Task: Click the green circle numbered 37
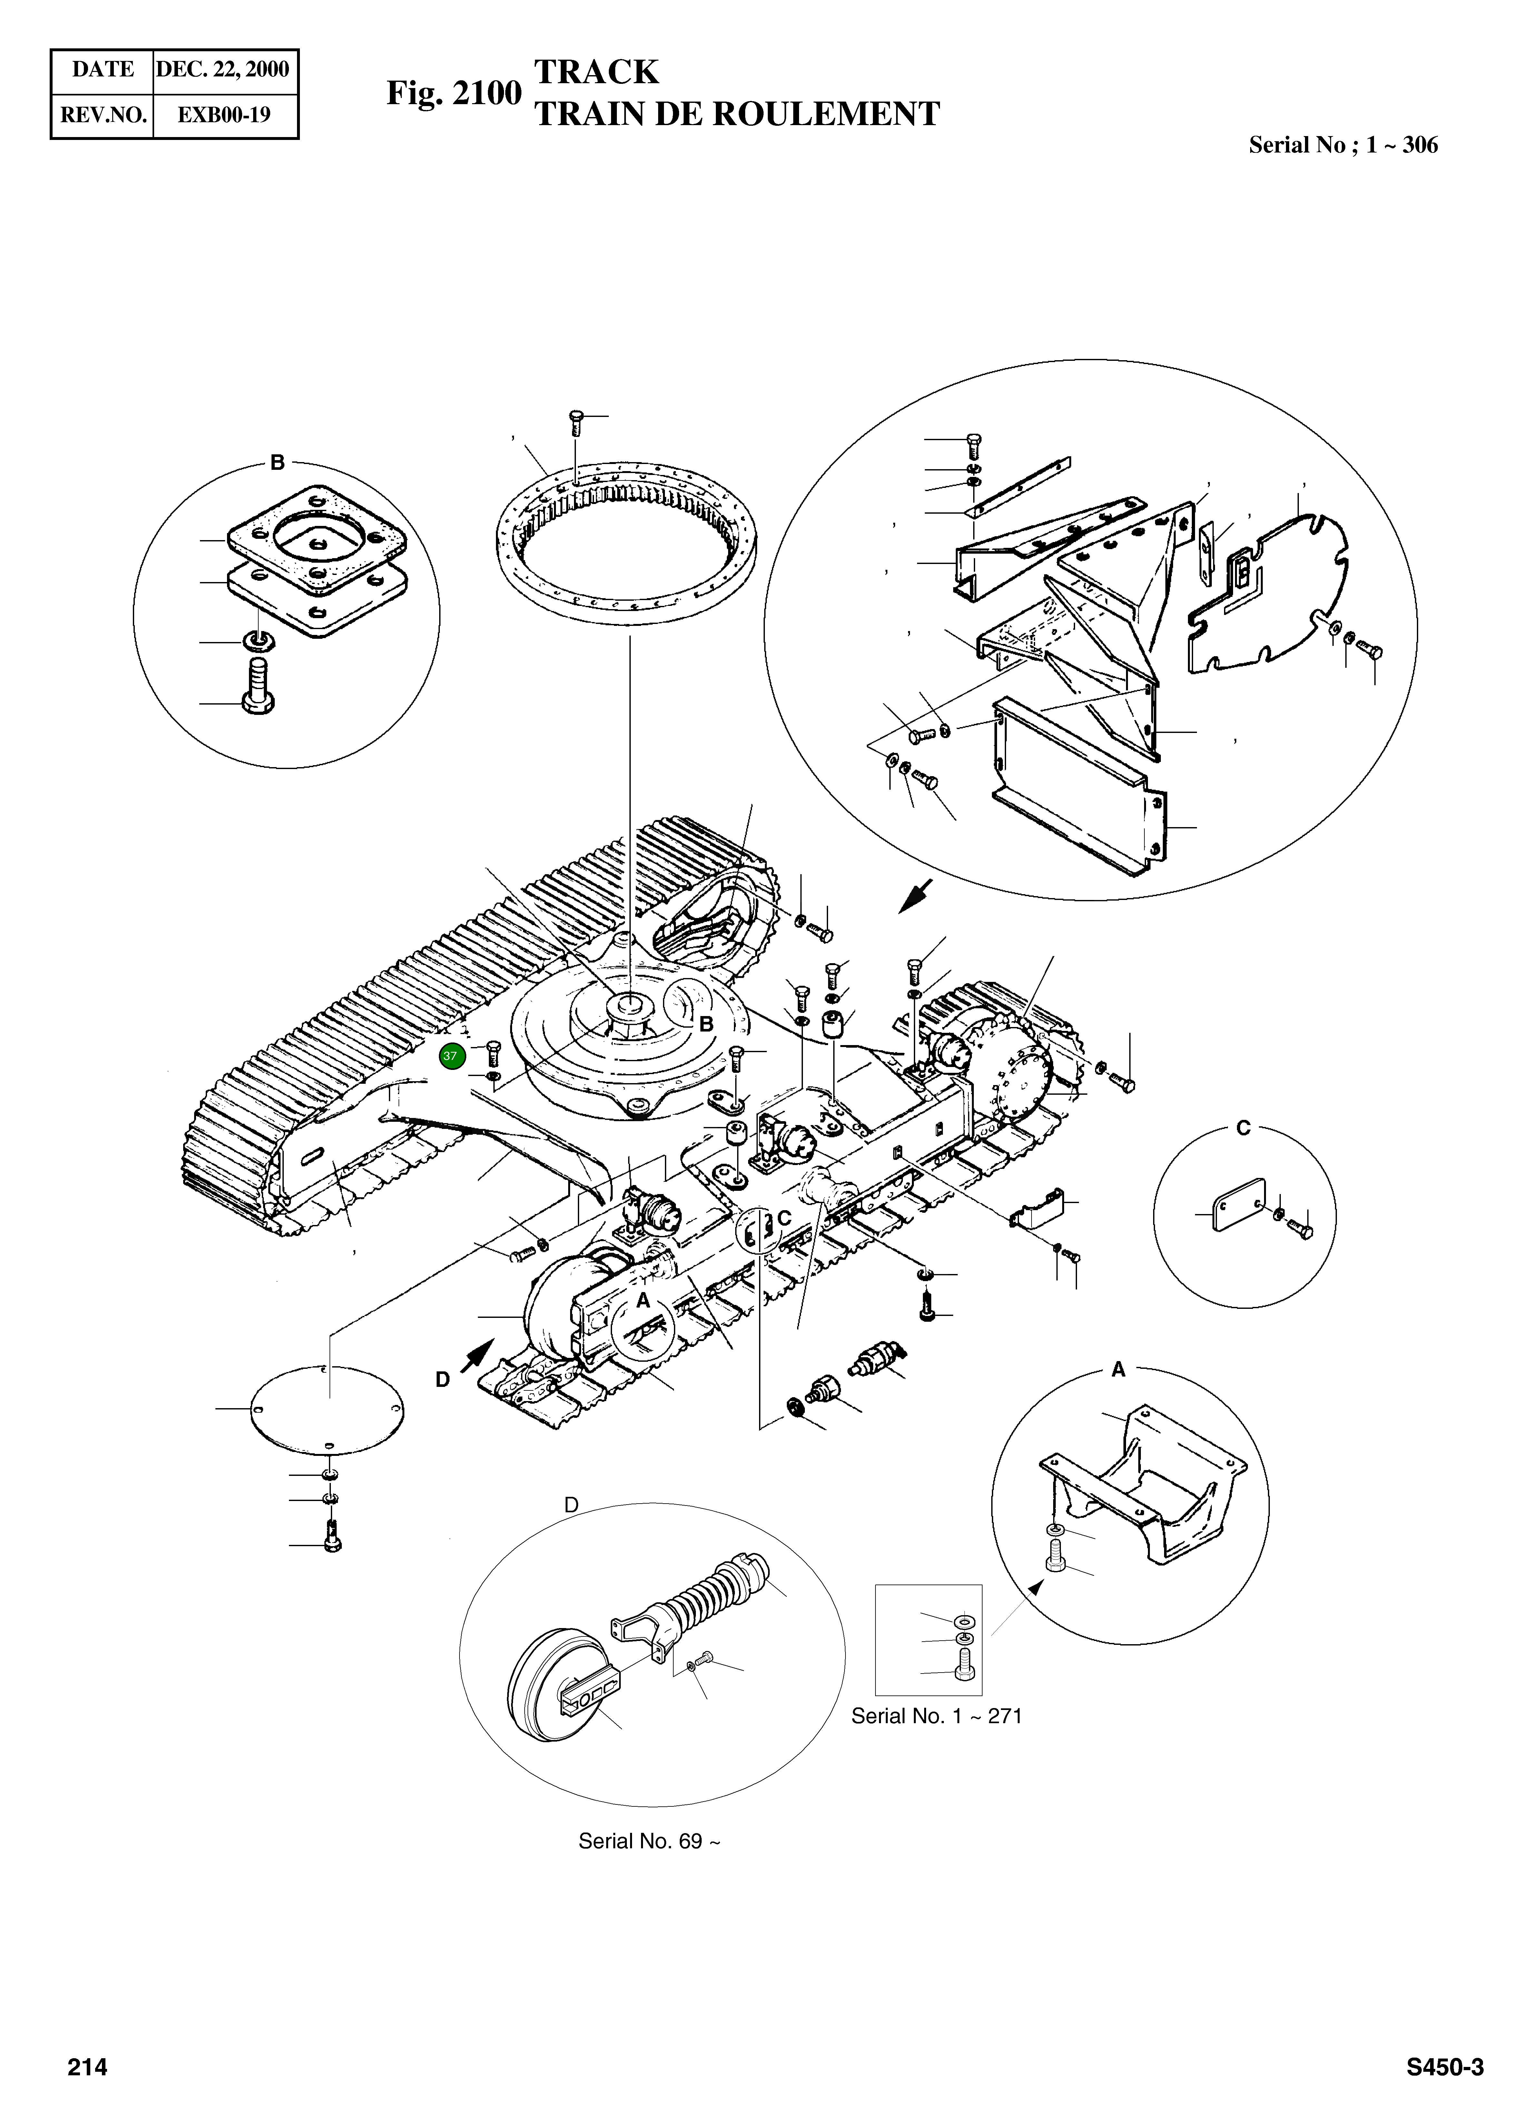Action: (x=450, y=1055)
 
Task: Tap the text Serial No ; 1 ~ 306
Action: (x=1343, y=145)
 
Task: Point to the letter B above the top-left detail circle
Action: (x=277, y=463)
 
